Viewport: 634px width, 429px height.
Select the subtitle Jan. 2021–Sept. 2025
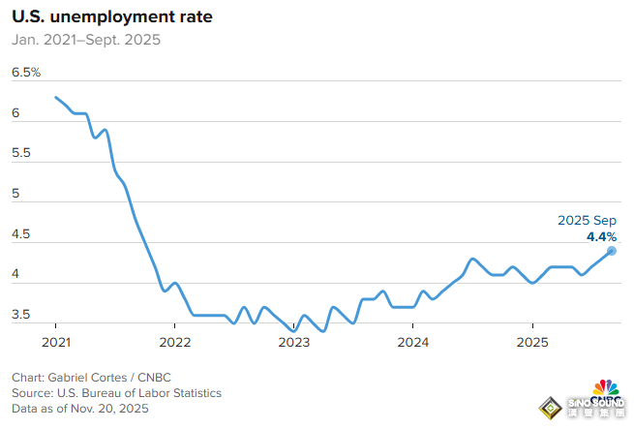tap(86, 41)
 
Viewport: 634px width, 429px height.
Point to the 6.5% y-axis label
tap(26, 73)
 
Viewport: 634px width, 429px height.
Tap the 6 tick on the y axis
tap(16, 113)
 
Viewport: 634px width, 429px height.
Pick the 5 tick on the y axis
tap(16, 194)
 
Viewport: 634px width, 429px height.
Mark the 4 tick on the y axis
tap(16, 275)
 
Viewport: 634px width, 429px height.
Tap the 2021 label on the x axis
tap(56, 341)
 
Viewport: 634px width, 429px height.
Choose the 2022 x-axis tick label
tap(175, 341)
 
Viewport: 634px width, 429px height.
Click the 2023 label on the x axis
tap(294, 341)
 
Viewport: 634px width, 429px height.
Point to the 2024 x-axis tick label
tap(413, 341)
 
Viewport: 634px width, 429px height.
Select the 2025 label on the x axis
tap(532, 341)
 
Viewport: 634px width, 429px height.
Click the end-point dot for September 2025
tap(612, 251)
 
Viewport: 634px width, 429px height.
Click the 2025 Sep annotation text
tap(587, 221)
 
